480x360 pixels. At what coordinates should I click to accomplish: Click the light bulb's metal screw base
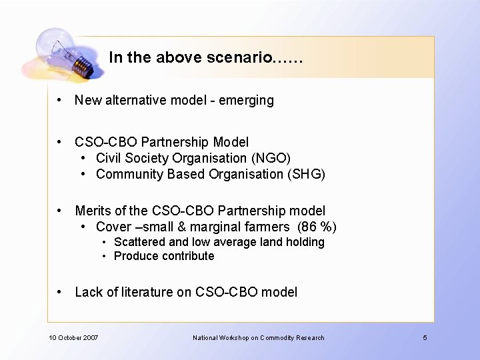pyautogui.click(x=82, y=65)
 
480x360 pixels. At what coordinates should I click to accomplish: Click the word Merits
pyautogui.click(x=93, y=211)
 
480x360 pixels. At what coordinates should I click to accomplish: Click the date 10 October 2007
pyautogui.click(x=73, y=337)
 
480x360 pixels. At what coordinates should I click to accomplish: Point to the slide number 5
pyautogui.click(x=425, y=337)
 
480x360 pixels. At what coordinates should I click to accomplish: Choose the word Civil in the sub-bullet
pyautogui.click(x=107, y=158)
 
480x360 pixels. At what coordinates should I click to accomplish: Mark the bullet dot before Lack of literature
pyautogui.click(x=60, y=291)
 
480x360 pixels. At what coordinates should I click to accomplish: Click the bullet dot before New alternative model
pyautogui.click(x=60, y=100)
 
